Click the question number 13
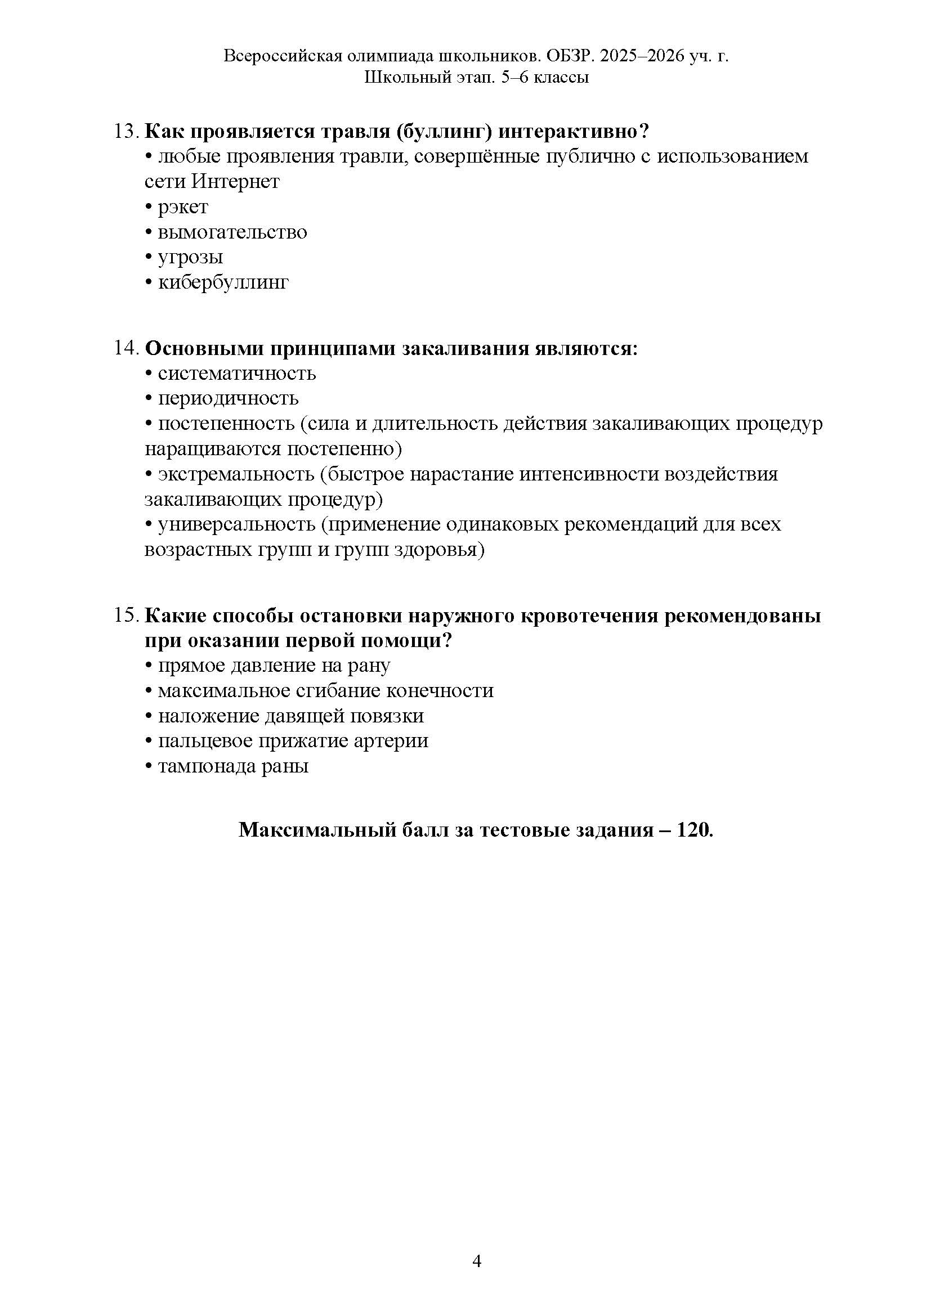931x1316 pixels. tap(126, 131)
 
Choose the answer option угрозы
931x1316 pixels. tap(190, 257)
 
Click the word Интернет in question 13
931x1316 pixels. tap(235, 182)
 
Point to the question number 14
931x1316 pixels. tap(126, 348)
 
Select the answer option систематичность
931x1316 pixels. tap(237, 374)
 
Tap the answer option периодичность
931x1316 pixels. tap(228, 398)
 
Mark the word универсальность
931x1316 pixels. tap(237, 524)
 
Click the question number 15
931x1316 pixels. tap(126, 616)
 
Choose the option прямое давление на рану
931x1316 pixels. tap(274, 666)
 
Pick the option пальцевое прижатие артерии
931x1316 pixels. tap(293, 741)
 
